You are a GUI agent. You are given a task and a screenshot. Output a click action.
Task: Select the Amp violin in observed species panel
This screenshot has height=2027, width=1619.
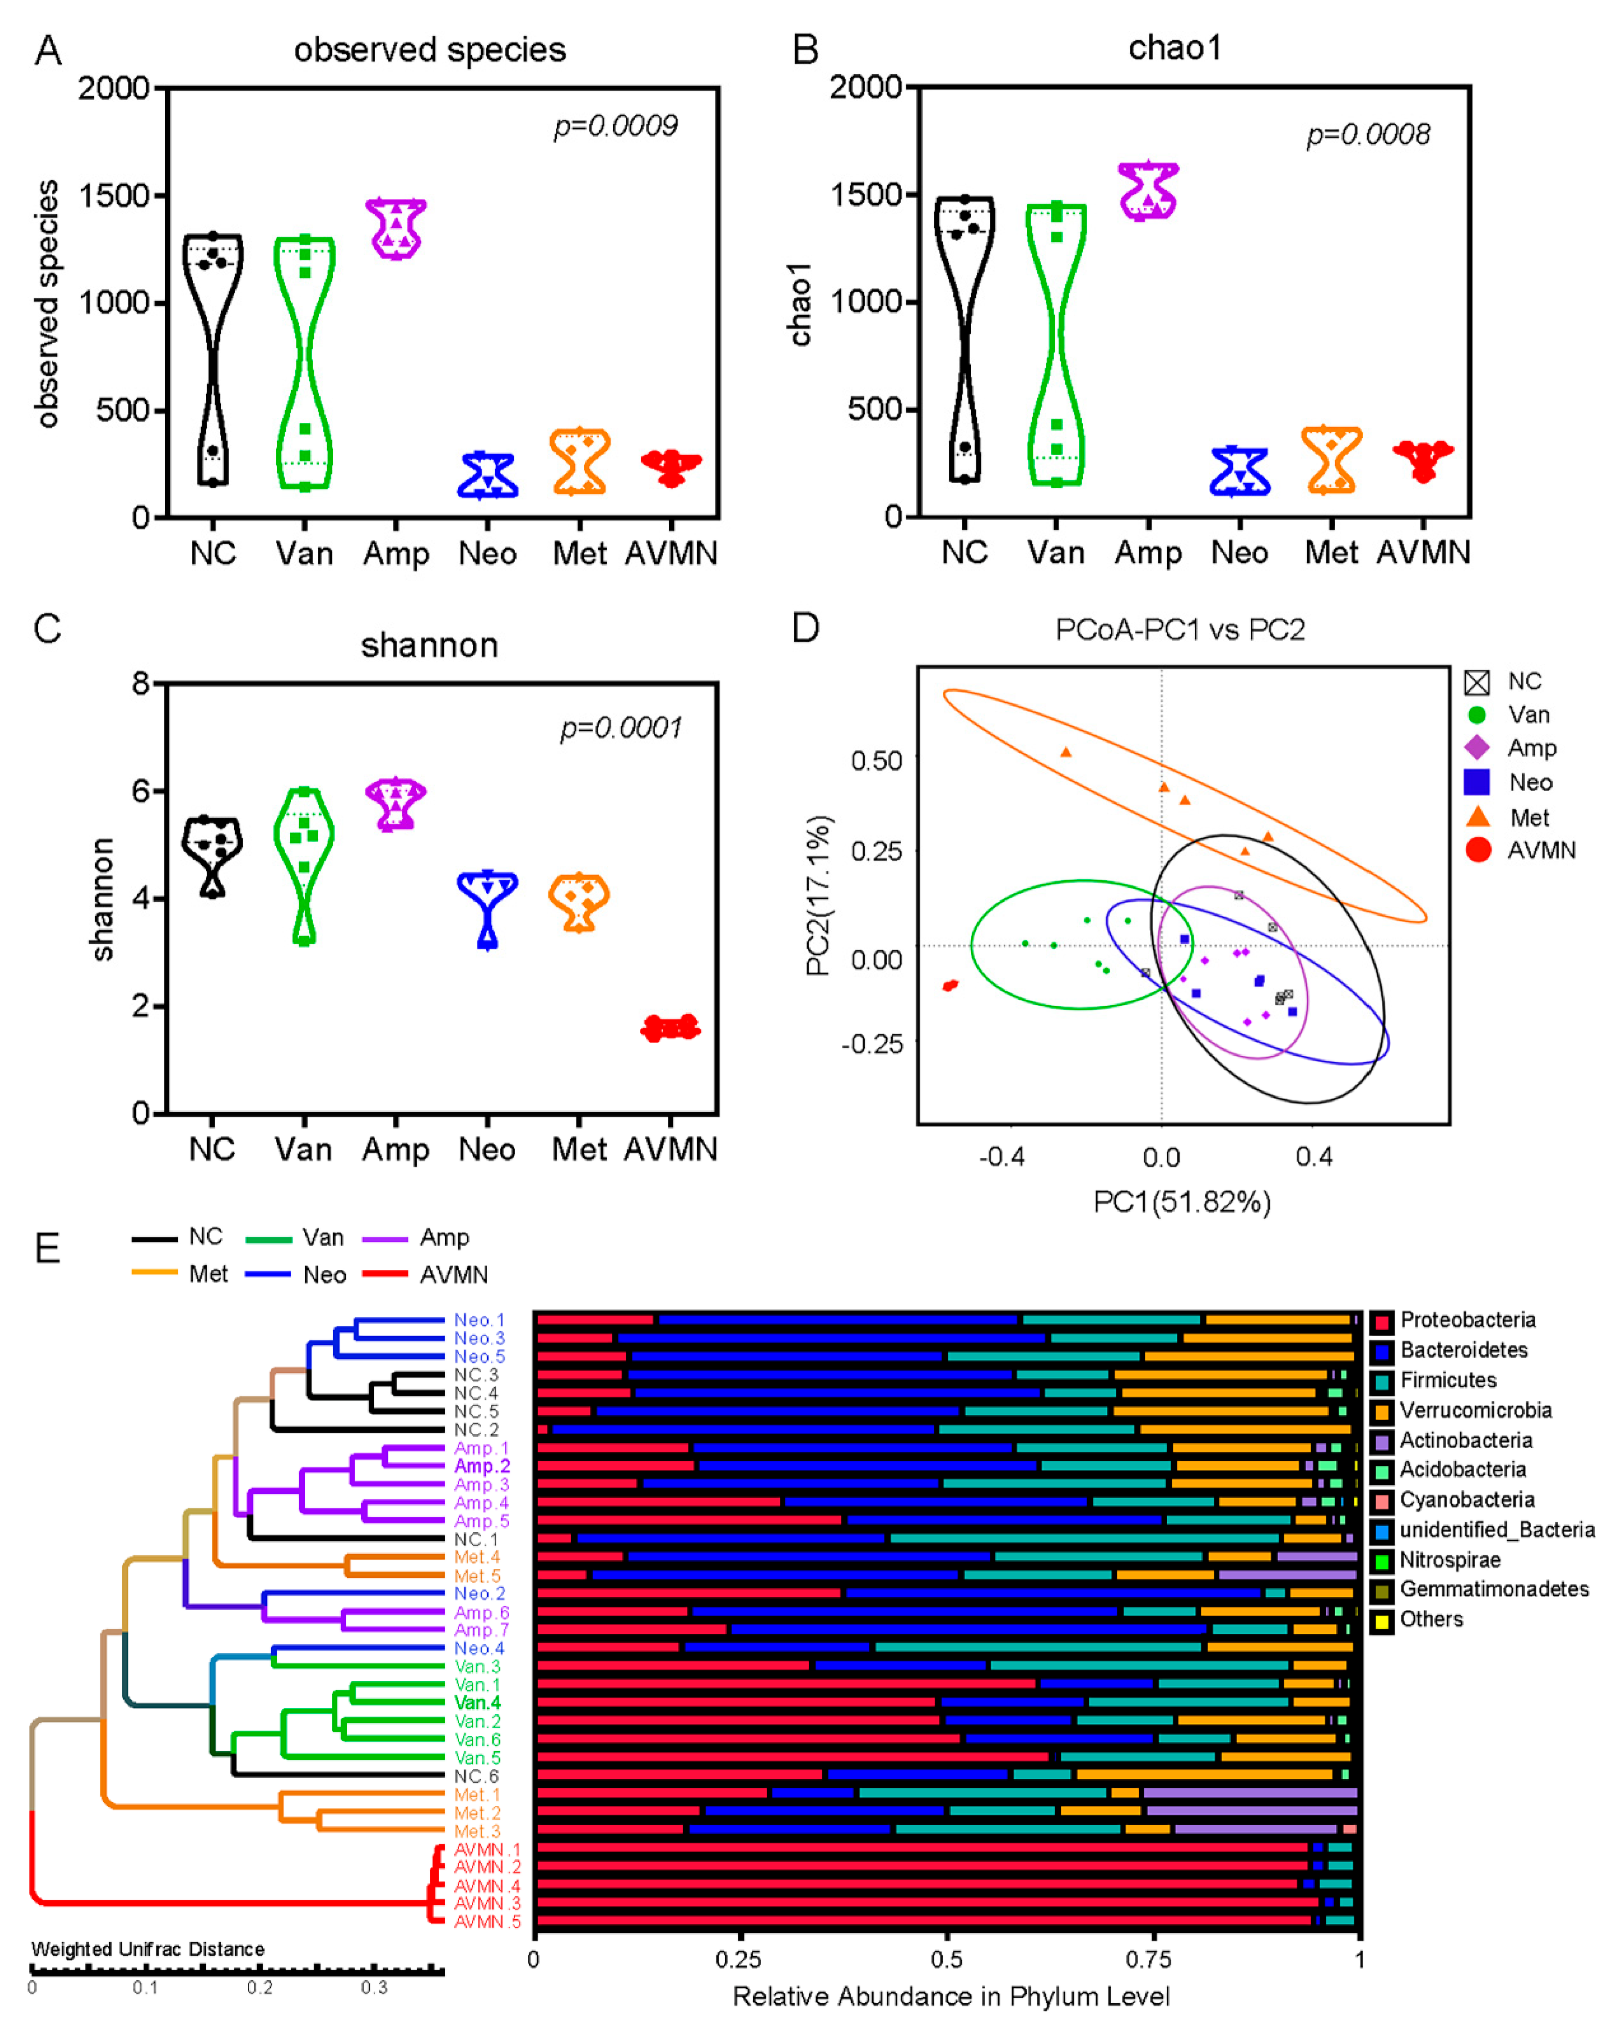coord(396,228)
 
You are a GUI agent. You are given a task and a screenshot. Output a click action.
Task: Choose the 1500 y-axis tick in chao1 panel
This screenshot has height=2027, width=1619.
coord(865,195)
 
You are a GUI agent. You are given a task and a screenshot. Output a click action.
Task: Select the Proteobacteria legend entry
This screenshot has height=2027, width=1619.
coord(1467,1320)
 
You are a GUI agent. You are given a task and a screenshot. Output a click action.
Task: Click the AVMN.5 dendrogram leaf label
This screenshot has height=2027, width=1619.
coord(487,1922)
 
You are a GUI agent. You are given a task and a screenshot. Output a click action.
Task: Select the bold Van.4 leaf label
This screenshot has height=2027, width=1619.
coord(477,1703)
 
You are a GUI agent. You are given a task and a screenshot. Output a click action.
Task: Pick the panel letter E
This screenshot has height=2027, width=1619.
coord(47,1248)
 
